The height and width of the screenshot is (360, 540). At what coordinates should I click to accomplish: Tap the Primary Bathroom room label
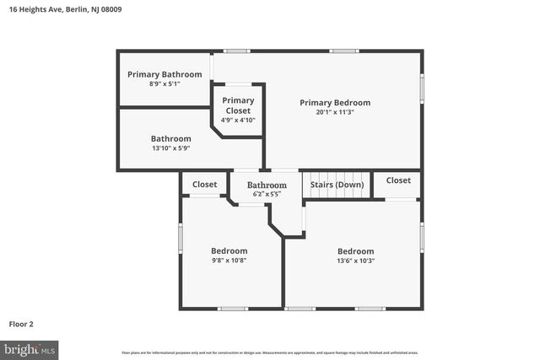[165, 74]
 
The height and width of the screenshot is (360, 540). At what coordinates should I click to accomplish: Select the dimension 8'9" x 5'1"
[165, 83]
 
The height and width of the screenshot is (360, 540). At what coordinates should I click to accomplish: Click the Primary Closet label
[238, 105]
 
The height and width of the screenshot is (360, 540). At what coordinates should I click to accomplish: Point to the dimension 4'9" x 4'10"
[238, 120]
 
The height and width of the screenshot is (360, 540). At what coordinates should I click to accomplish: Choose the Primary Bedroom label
[335, 103]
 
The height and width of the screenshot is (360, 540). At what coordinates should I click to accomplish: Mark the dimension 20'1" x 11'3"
[335, 112]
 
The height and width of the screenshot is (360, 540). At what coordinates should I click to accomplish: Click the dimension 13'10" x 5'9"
[171, 148]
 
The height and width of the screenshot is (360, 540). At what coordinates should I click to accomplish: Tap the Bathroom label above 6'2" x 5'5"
[267, 185]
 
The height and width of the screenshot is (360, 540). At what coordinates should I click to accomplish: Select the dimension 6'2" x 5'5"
[267, 194]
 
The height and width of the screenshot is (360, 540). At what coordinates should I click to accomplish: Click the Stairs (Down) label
[337, 184]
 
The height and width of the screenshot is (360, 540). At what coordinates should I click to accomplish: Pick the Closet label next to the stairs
[398, 180]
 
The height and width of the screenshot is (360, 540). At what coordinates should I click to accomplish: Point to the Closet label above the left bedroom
[204, 184]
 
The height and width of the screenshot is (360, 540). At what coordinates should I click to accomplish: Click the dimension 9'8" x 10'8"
[229, 261]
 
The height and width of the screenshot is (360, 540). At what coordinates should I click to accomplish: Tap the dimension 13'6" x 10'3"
[355, 261]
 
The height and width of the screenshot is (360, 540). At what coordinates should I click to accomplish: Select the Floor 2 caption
[22, 323]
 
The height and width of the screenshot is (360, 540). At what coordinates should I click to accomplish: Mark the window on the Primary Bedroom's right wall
[421, 89]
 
